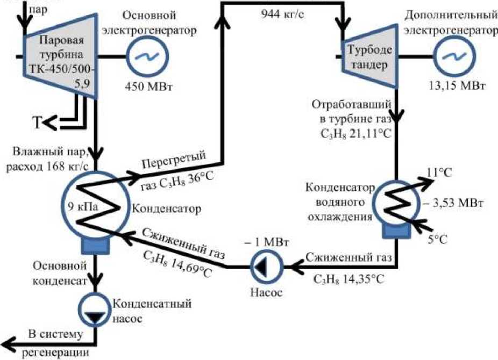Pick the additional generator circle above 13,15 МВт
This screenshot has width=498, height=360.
point(452,56)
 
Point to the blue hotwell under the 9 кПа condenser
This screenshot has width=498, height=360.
point(96,245)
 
